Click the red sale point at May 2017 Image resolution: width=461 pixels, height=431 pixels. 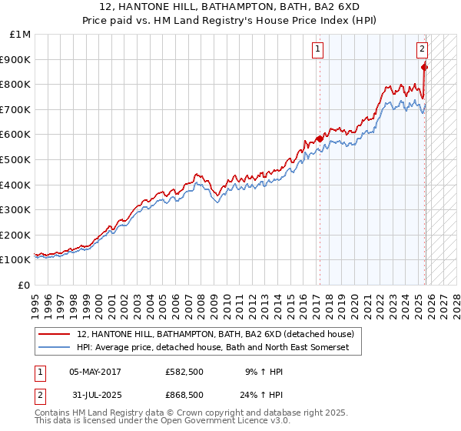tap(320, 139)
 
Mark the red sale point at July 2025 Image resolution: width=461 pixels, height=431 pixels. tap(425, 67)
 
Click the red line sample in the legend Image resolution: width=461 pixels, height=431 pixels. tap(55, 334)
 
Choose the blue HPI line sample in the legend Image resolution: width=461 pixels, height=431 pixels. tap(55, 348)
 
